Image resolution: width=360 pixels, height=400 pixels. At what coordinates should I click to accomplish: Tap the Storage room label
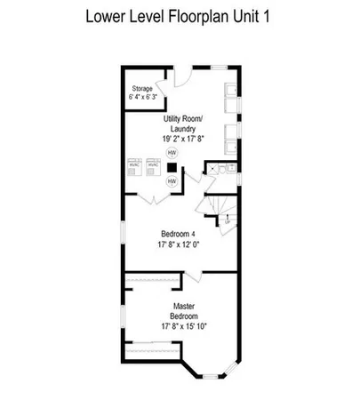tap(142, 90)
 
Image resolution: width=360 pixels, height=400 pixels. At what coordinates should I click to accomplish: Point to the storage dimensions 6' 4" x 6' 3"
tap(142, 99)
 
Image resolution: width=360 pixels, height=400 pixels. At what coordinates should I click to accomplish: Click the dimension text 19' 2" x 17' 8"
tap(183, 138)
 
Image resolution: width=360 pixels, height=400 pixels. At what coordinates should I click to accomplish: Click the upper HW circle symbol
tap(172, 152)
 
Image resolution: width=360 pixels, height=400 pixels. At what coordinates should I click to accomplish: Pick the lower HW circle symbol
tap(172, 181)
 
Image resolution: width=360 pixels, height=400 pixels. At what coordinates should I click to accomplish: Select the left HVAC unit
tap(134, 165)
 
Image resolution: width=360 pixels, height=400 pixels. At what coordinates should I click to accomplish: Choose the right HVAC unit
tap(153, 165)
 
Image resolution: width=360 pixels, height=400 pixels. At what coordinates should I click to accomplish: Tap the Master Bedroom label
tap(183, 311)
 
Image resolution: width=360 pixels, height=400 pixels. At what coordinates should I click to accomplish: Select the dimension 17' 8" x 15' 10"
tap(183, 326)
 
